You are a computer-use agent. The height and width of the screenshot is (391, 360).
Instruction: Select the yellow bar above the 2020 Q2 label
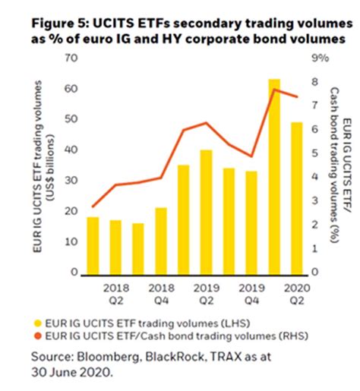[297, 197]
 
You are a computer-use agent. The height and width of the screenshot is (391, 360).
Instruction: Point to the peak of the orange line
[275, 90]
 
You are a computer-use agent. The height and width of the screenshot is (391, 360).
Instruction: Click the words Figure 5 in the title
[60, 23]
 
